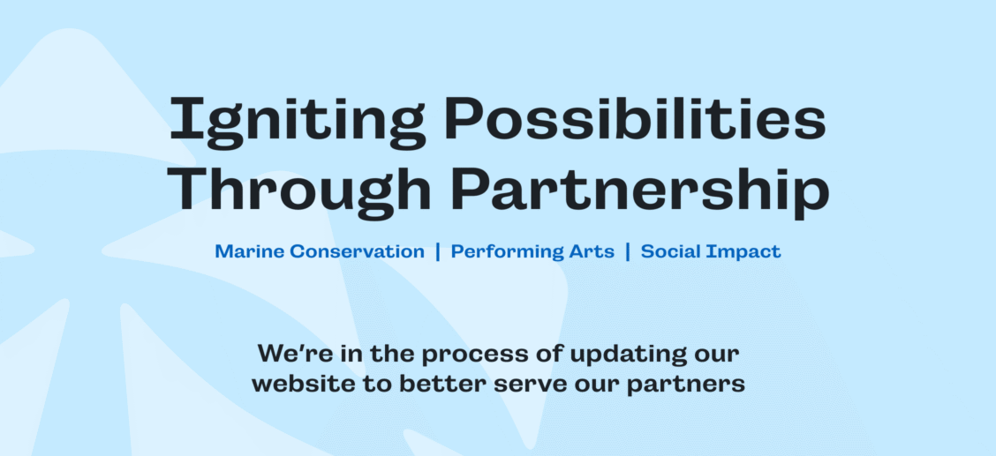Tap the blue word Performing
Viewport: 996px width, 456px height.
tap(499, 252)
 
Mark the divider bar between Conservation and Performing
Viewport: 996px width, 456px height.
tap(437, 251)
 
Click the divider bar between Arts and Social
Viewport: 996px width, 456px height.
tap(627, 251)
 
